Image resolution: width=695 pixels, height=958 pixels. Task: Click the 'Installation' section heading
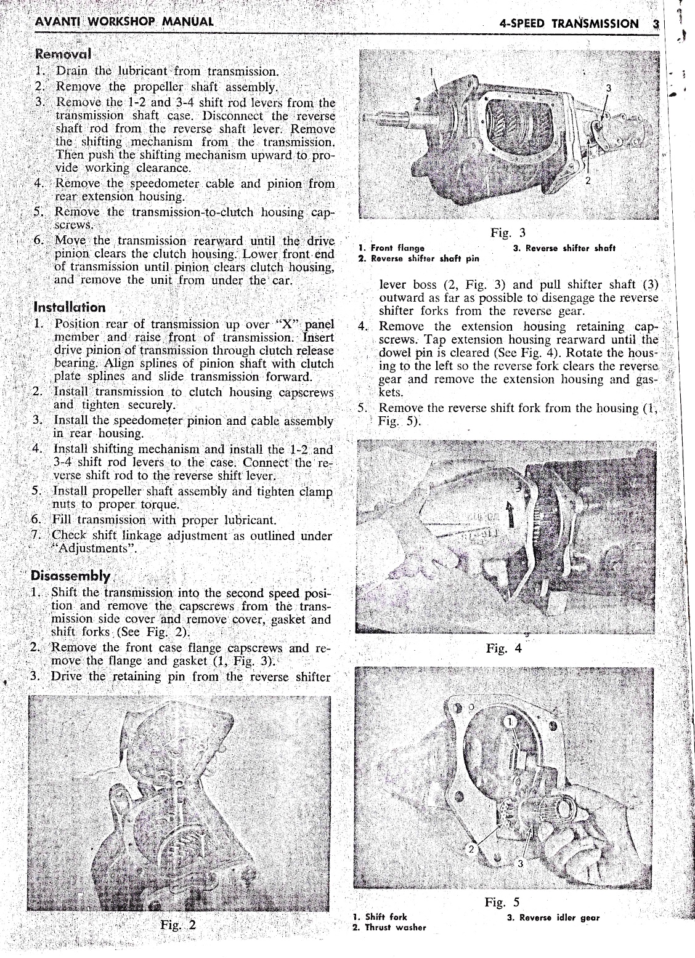click(x=69, y=307)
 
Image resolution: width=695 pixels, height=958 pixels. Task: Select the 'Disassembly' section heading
click(x=71, y=577)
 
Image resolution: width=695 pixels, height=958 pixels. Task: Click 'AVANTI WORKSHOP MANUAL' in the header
click(x=125, y=22)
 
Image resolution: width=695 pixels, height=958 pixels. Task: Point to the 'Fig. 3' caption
click(x=508, y=233)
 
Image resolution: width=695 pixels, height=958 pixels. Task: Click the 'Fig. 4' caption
click(x=503, y=648)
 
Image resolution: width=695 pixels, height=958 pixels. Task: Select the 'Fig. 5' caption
click(x=502, y=903)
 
